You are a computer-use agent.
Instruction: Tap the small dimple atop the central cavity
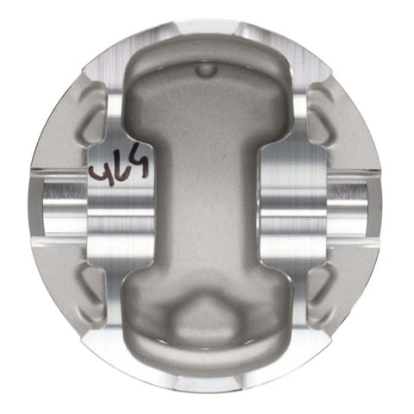(205, 67)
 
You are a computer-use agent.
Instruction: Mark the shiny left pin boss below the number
(121, 211)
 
